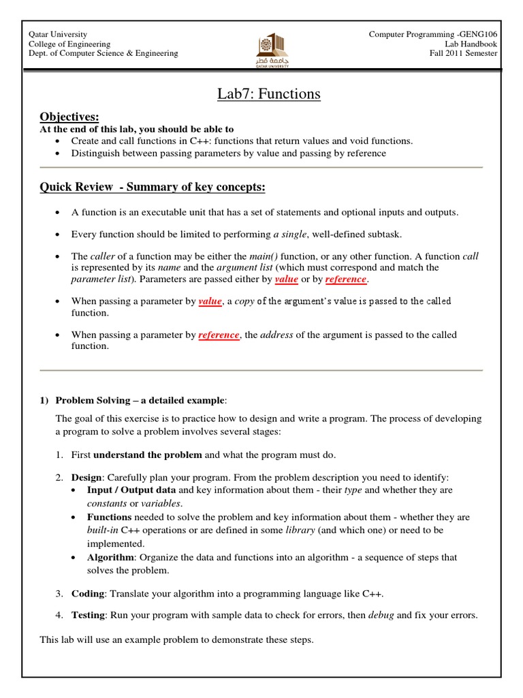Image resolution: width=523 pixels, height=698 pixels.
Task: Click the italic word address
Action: coord(276,335)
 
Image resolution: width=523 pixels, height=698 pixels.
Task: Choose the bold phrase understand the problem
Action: coord(148,455)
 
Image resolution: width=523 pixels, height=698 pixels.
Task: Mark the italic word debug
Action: coord(381,615)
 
